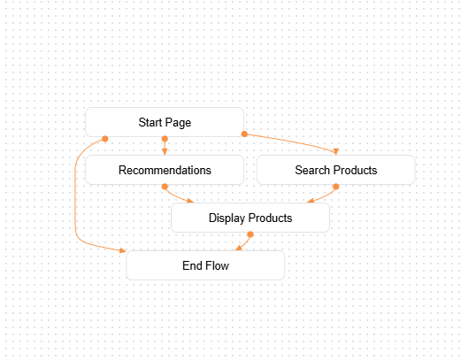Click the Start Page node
point(165,122)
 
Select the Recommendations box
point(165,170)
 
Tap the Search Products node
point(335,170)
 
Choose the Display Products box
point(250,218)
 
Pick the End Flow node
point(205,264)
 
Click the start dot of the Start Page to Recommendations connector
point(165,139)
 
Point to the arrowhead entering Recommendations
point(165,152)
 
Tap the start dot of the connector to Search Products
point(243,134)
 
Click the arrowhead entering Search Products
point(335,152)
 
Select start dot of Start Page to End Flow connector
point(105,139)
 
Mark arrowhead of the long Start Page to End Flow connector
point(123,250)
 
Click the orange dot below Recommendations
point(165,187)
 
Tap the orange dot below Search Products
point(335,187)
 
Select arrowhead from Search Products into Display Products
point(310,201)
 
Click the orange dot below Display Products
point(250,234)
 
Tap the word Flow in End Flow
point(217,264)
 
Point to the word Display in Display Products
point(227,218)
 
